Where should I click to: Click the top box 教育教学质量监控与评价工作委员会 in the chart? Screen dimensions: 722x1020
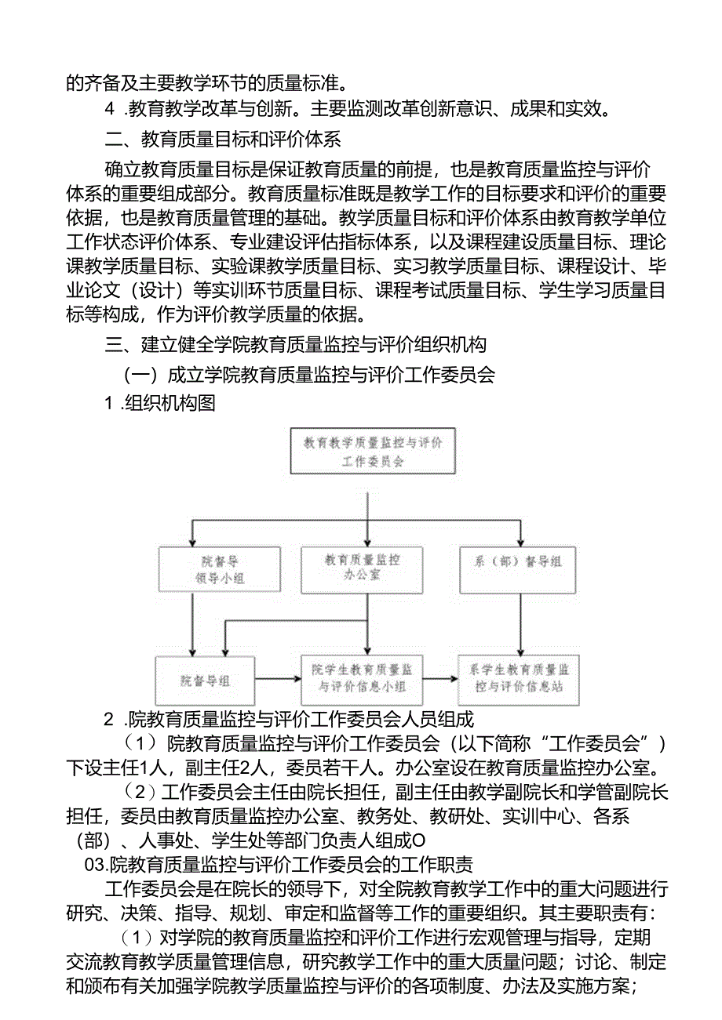pyautogui.click(x=372, y=452)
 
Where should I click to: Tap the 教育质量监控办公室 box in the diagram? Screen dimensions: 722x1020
pyautogui.click(x=362, y=567)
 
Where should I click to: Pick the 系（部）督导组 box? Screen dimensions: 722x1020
pyautogui.click(x=520, y=562)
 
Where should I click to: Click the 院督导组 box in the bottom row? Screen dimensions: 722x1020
pyautogui.click(x=206, y=681)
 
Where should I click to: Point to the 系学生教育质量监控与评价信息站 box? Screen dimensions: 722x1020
pyautogui.click(x=519, y=678)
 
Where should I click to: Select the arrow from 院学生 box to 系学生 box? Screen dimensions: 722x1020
pyautogui.click(x=441, y=679)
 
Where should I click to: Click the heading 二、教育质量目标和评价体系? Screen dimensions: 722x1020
pyautogui.click(x=223, y=140)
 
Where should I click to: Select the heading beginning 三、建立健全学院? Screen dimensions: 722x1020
pyautogui.click(x=296, y=344)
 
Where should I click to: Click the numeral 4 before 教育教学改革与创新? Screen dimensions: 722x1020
pyautogui.click(x=111, y=109)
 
